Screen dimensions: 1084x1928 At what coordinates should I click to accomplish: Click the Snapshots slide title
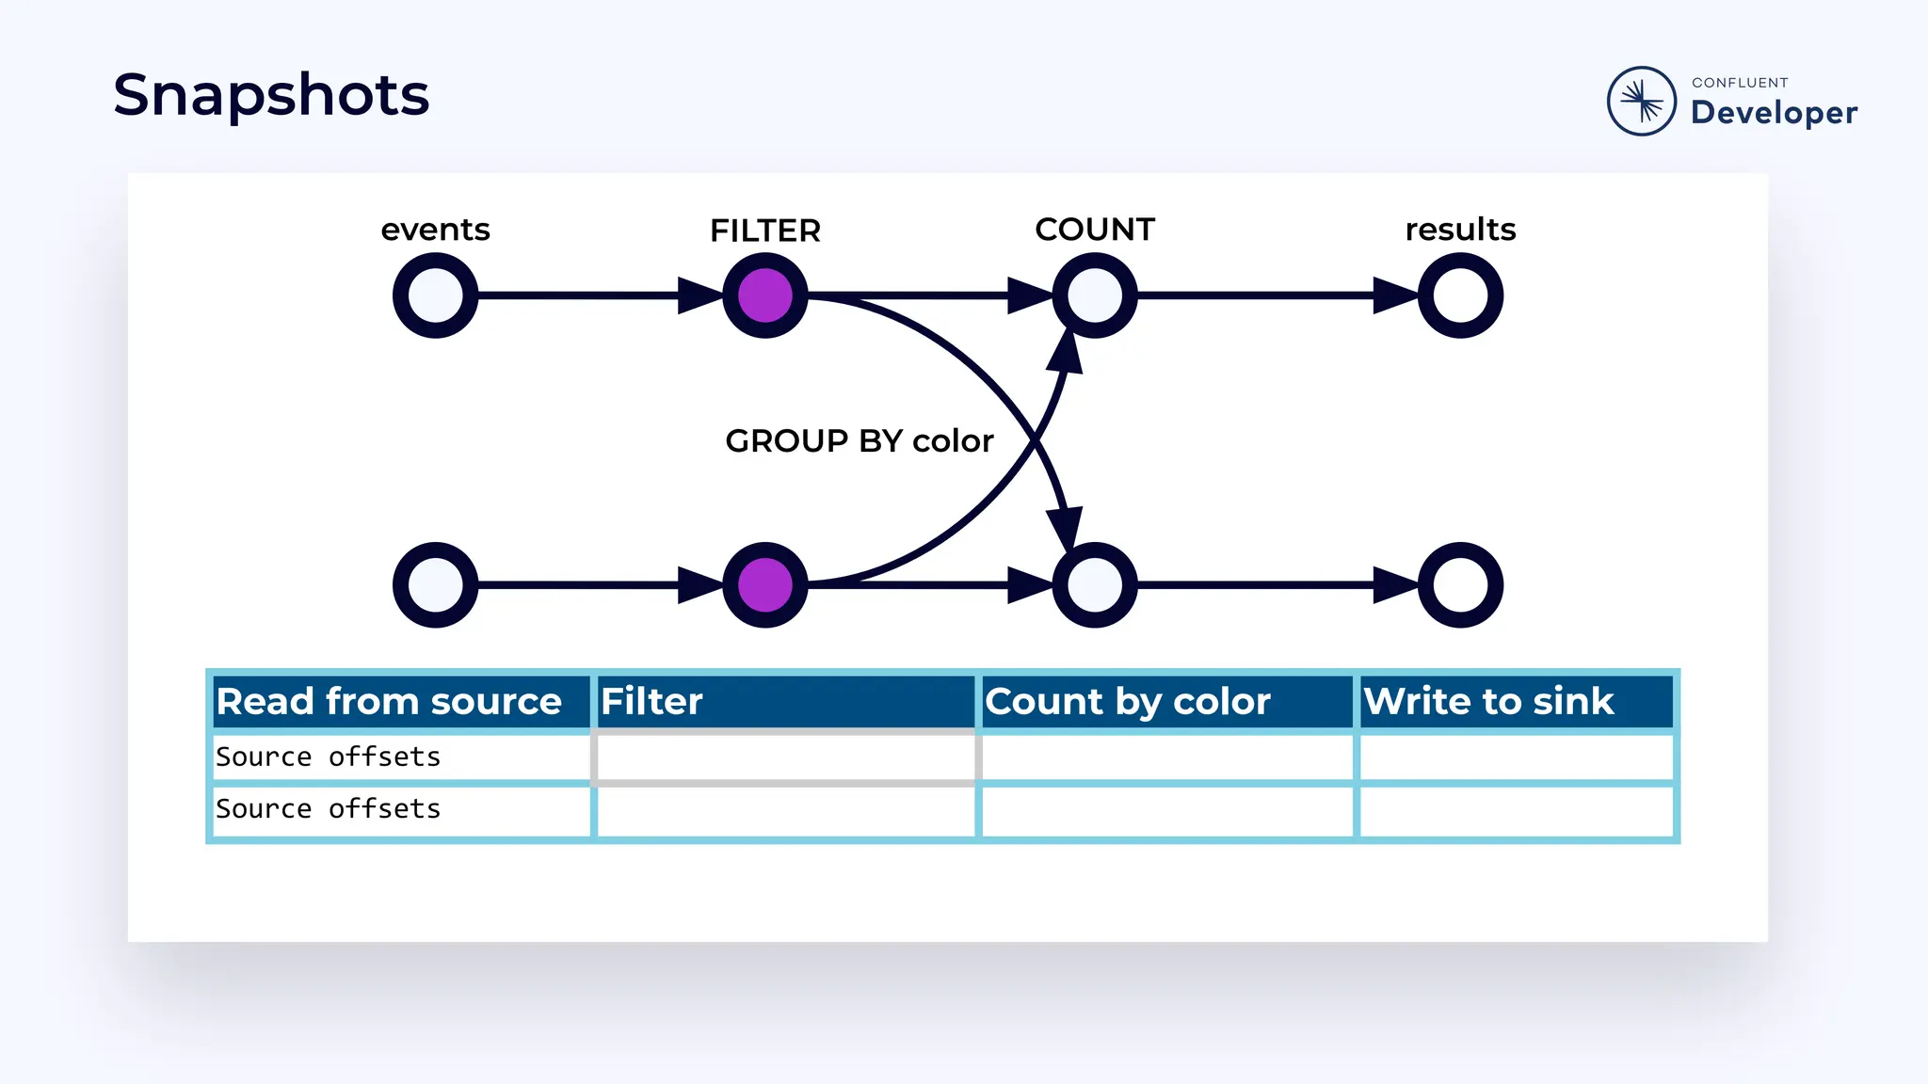pyautogui.click(x=271, y=95)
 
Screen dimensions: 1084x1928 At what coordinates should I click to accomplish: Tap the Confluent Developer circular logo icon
pyautogui.click(x=1641, y=101)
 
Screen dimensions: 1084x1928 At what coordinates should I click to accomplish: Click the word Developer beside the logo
pyautogui.click(x=1774, y=113)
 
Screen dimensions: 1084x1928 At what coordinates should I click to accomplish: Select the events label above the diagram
pyautogui.click(x=435, y=230)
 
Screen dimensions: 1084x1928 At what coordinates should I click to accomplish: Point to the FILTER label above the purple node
pyautogui.click(x=764, y=231)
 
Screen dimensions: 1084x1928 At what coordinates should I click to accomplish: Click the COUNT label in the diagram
pyautogui.click(x=1094, y=230)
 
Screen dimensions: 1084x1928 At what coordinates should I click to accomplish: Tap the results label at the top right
pyautogui.click(x=1460, y=230)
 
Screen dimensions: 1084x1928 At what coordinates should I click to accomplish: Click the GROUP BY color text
pyautogui.click(x=859, y=440)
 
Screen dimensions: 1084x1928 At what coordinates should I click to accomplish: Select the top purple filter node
pyautogui.click(x=764, y=295)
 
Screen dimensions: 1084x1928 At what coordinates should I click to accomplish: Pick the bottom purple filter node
pyautogui.click(x=764, y=585)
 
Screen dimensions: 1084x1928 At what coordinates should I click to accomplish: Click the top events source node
pyautogui.click(x=435, y=295)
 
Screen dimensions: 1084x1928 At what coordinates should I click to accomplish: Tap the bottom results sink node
pyautogui.click(x=1460, y=585)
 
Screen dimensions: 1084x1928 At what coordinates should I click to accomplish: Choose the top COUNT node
pyautogui.click(x=1094, y=295)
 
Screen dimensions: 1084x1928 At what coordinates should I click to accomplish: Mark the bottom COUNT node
pyautogui.click(x=1094, y=585)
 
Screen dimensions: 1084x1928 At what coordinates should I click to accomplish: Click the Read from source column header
pyautogui.click(x=390, y=702)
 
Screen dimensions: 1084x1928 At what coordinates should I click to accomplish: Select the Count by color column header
pyautogui.click(x=1128, y=702)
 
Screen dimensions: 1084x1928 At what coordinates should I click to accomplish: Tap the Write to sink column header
pyautogui.click(x=1488, y=702)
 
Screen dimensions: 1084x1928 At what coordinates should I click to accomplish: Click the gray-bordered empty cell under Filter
pyautogui.click(x=785, y=757)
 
